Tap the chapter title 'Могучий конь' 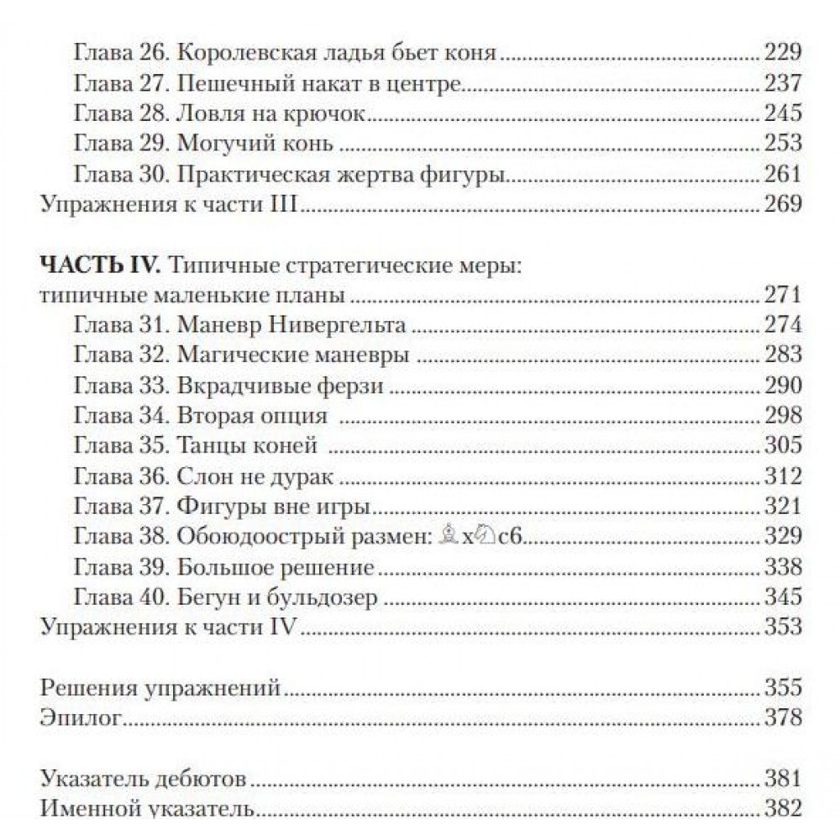coord(255,144)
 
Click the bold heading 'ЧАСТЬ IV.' coord(100,266)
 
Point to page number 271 coord(782,296)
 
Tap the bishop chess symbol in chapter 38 coord(452,537)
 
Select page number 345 coord(782,597)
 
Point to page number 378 coord(782,718)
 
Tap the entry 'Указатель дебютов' coord(144,779)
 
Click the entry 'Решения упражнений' coord(160,688)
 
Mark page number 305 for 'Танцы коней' coord(782,447)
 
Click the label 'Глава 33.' coord(122,386)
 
